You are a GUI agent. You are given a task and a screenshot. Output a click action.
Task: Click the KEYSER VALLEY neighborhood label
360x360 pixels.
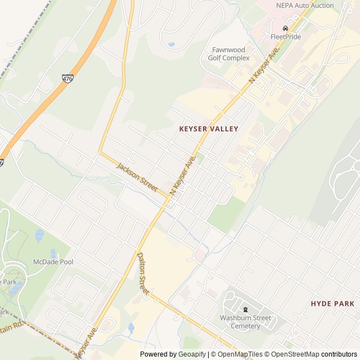click(209, 129)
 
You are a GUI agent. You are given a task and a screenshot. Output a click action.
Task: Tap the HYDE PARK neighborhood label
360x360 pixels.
click(332, 304)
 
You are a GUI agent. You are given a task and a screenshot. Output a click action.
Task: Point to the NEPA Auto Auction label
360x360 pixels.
click(305, 6)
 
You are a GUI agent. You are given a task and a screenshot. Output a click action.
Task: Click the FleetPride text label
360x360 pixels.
click(286, 37)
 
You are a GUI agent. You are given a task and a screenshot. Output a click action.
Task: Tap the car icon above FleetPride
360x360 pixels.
click(286, 28)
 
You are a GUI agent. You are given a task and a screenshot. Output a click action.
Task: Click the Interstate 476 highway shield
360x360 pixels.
click(67, 79)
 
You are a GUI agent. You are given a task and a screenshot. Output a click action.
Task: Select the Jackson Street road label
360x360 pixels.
click(137, 177)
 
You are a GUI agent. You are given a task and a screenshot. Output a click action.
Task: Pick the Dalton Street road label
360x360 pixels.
click(143, 273)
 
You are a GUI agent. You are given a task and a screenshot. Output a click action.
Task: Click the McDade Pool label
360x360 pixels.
click(53, 262)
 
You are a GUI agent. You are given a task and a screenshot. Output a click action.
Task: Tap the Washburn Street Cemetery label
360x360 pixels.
click(245, 322)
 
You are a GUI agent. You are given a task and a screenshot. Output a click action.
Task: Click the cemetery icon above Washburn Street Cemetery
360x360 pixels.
click(245, 309)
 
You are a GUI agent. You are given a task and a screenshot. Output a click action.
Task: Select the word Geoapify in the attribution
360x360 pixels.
click(192, 354)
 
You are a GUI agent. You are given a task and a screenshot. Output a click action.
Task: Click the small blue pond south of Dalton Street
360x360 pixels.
click(130, 327)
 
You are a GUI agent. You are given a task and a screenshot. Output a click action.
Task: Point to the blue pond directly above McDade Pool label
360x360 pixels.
click(53, 253)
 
